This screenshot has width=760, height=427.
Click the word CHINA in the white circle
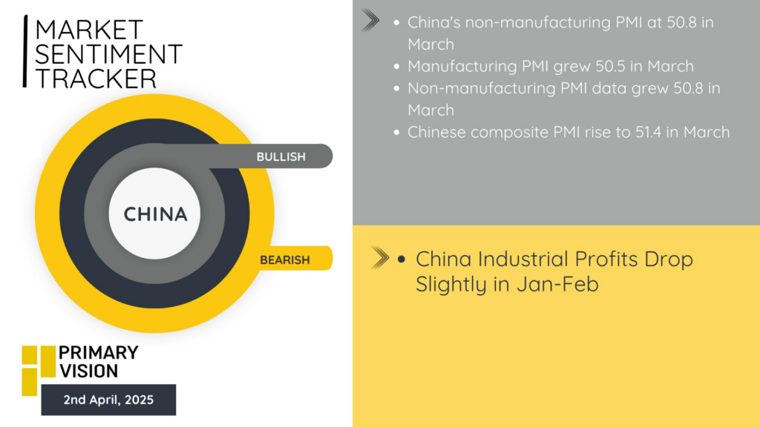tap(155, 214)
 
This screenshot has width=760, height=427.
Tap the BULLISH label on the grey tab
tap(281, 157)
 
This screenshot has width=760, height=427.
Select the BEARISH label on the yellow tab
tap(284, 260)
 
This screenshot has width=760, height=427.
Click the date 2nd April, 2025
tap(108, 400)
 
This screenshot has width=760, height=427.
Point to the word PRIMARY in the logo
tap(99, 352)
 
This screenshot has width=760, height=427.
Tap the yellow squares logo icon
tap(39, 371)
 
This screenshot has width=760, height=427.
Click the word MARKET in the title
tap(89, 30)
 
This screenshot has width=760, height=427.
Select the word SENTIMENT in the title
tap(108, 53)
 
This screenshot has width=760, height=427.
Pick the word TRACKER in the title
tap(96, 79)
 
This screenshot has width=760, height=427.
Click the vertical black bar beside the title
tap(25, 51)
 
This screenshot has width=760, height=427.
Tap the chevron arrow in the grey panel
tap(370, 21)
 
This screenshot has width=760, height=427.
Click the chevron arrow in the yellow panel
tap(380, 257)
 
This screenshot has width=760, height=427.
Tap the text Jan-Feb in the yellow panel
tap(557, 284)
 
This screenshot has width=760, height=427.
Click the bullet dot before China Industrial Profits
tap(401, 259)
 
